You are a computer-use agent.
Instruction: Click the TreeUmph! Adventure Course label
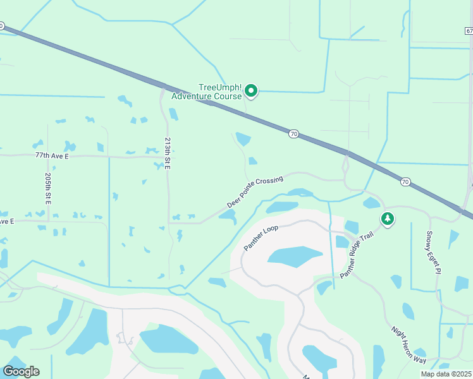coord(219,92)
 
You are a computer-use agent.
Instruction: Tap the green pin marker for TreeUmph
coord(251,92)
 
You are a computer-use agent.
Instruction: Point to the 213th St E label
coord(168,153)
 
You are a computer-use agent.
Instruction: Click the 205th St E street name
coord(48,189)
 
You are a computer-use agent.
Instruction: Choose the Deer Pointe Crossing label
coord(254,193)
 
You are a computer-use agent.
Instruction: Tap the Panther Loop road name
coord(262,236)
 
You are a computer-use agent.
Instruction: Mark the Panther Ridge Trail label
coord(358,255)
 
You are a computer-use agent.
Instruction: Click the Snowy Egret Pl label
coord(433,252)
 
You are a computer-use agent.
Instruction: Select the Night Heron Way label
coord(408,344)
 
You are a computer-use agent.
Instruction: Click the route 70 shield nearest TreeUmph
coord(293,133)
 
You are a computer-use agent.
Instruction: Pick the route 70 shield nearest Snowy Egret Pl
coord(405,182)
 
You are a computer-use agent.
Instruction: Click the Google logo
coord(21,371)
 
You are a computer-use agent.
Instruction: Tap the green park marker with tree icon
coord(387,219)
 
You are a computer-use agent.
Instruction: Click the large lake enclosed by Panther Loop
coord(295,256)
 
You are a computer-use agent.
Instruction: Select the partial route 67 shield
coord(469,30)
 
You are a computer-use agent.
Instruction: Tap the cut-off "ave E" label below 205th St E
coord(6,222)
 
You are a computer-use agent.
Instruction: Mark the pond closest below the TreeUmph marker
coord(243,139)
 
